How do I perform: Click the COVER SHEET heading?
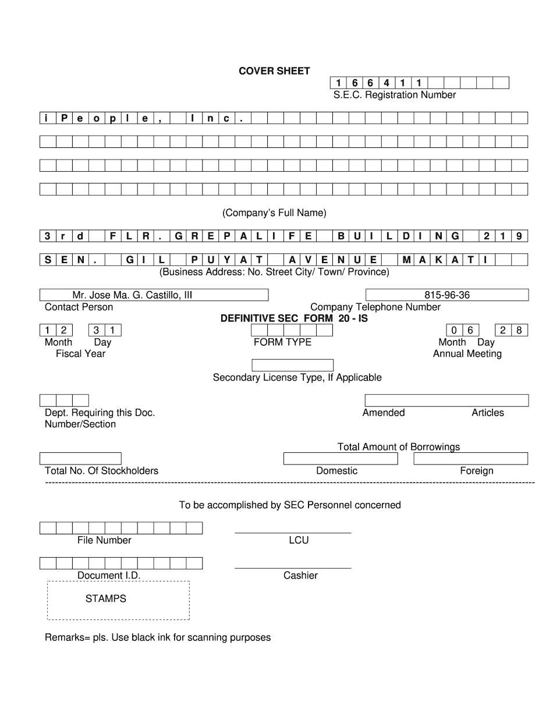(274, 71)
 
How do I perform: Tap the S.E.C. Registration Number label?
(395, 95)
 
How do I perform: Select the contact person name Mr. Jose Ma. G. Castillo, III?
(132, 295)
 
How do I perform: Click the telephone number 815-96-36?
(447, 295)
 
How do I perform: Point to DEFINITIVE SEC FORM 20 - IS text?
(294, 318)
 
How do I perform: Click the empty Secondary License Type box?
(292, 366)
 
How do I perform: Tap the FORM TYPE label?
(282, 342)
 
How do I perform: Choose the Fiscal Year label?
(80, 353)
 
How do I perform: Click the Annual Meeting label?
(467, 353)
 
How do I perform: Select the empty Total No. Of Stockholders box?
(80, 459)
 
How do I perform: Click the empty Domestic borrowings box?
(340, 459)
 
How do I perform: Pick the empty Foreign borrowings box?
(471, 459)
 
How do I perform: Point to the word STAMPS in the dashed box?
(105, 598)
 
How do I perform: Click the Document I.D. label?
(109, 576)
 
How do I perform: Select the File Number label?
(104, 540)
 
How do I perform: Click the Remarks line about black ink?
(158, 637)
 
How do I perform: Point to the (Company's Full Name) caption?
(274, 213)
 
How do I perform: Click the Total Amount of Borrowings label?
(398, 447)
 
